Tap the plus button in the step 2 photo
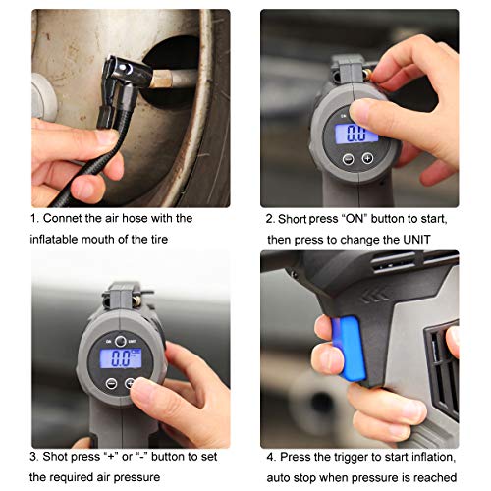366,158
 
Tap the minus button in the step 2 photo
348,158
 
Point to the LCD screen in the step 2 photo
357,133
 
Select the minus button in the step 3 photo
111,383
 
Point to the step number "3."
34,457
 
